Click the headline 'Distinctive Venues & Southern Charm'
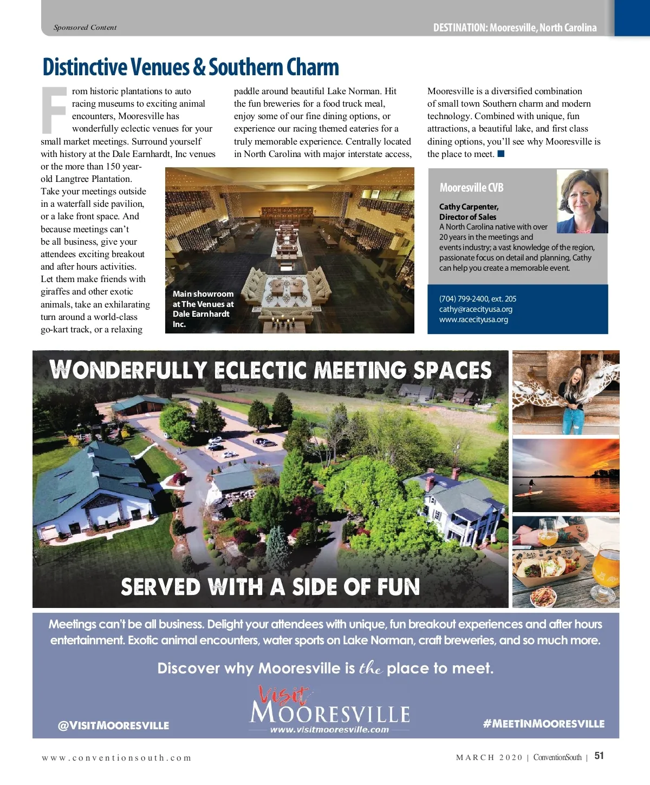point(191,68)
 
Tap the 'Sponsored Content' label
point(85,28)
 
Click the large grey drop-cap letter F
point(54,110)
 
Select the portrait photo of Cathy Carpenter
point(582,201)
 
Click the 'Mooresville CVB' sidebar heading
point(471,188)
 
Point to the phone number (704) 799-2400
point(477,299)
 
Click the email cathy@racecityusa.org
point(476,309)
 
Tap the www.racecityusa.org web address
point(473,319)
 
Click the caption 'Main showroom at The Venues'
point(203,309)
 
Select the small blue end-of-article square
point(501,154)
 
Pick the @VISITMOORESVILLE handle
point(113,725)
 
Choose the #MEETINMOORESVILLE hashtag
point(543,724)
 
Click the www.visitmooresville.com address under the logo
point(329,730)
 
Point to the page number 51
point(599,756)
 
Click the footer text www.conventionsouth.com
point(116,758)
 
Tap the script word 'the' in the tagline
point(371,668)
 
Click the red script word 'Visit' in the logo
point(283,695)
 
